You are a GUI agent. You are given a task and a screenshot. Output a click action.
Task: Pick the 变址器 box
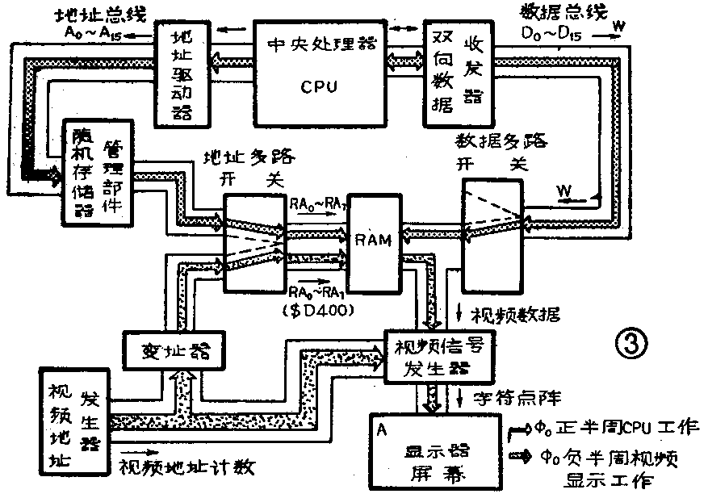coord(171,349)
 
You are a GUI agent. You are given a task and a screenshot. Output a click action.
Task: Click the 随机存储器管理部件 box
coord(98,172)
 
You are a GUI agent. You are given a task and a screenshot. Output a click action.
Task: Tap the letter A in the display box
coord(378,428)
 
